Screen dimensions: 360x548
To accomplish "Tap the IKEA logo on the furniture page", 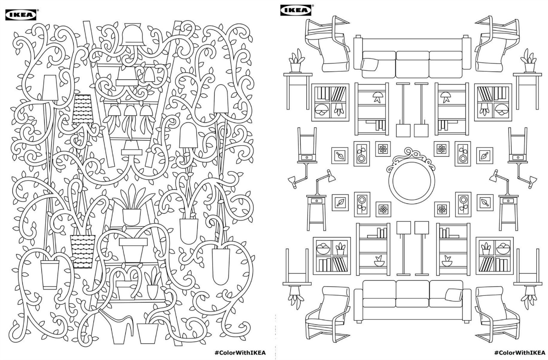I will [296, 11].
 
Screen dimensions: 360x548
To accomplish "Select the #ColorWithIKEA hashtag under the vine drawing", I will [240, 352].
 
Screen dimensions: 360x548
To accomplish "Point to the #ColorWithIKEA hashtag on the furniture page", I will [519, 352].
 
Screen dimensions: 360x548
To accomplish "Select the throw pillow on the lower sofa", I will [453, 293].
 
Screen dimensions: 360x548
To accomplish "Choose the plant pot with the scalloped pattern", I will [83, 250].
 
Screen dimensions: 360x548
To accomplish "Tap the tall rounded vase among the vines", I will [221, 264].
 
